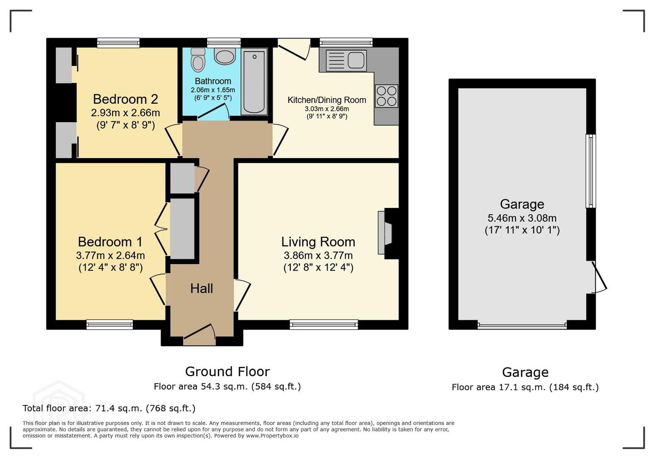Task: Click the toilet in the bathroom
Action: click(198, 60)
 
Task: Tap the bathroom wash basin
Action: click(225, 56)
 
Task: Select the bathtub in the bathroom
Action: click(254, 81)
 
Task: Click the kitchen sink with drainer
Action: click(346, 61)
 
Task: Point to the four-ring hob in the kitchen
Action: click(387, 96)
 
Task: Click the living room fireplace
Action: click(388, 233)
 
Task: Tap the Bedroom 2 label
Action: click(125, 99)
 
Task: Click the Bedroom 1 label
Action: click(110, 242)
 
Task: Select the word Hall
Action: click(201, 289)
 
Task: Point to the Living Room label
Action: click(318, 242)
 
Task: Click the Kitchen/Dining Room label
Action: click(327, 100)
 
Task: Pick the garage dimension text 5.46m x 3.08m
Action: click(522, 218)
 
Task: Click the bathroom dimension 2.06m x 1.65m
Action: click(213, 90)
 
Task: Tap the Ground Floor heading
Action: click(228, 371)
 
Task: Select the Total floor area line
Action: click(109, 408)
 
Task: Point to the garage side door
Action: click(596, 277)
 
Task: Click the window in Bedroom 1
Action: click(110, 324)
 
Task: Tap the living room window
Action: click(324, 324)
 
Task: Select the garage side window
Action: click(591, 171)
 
